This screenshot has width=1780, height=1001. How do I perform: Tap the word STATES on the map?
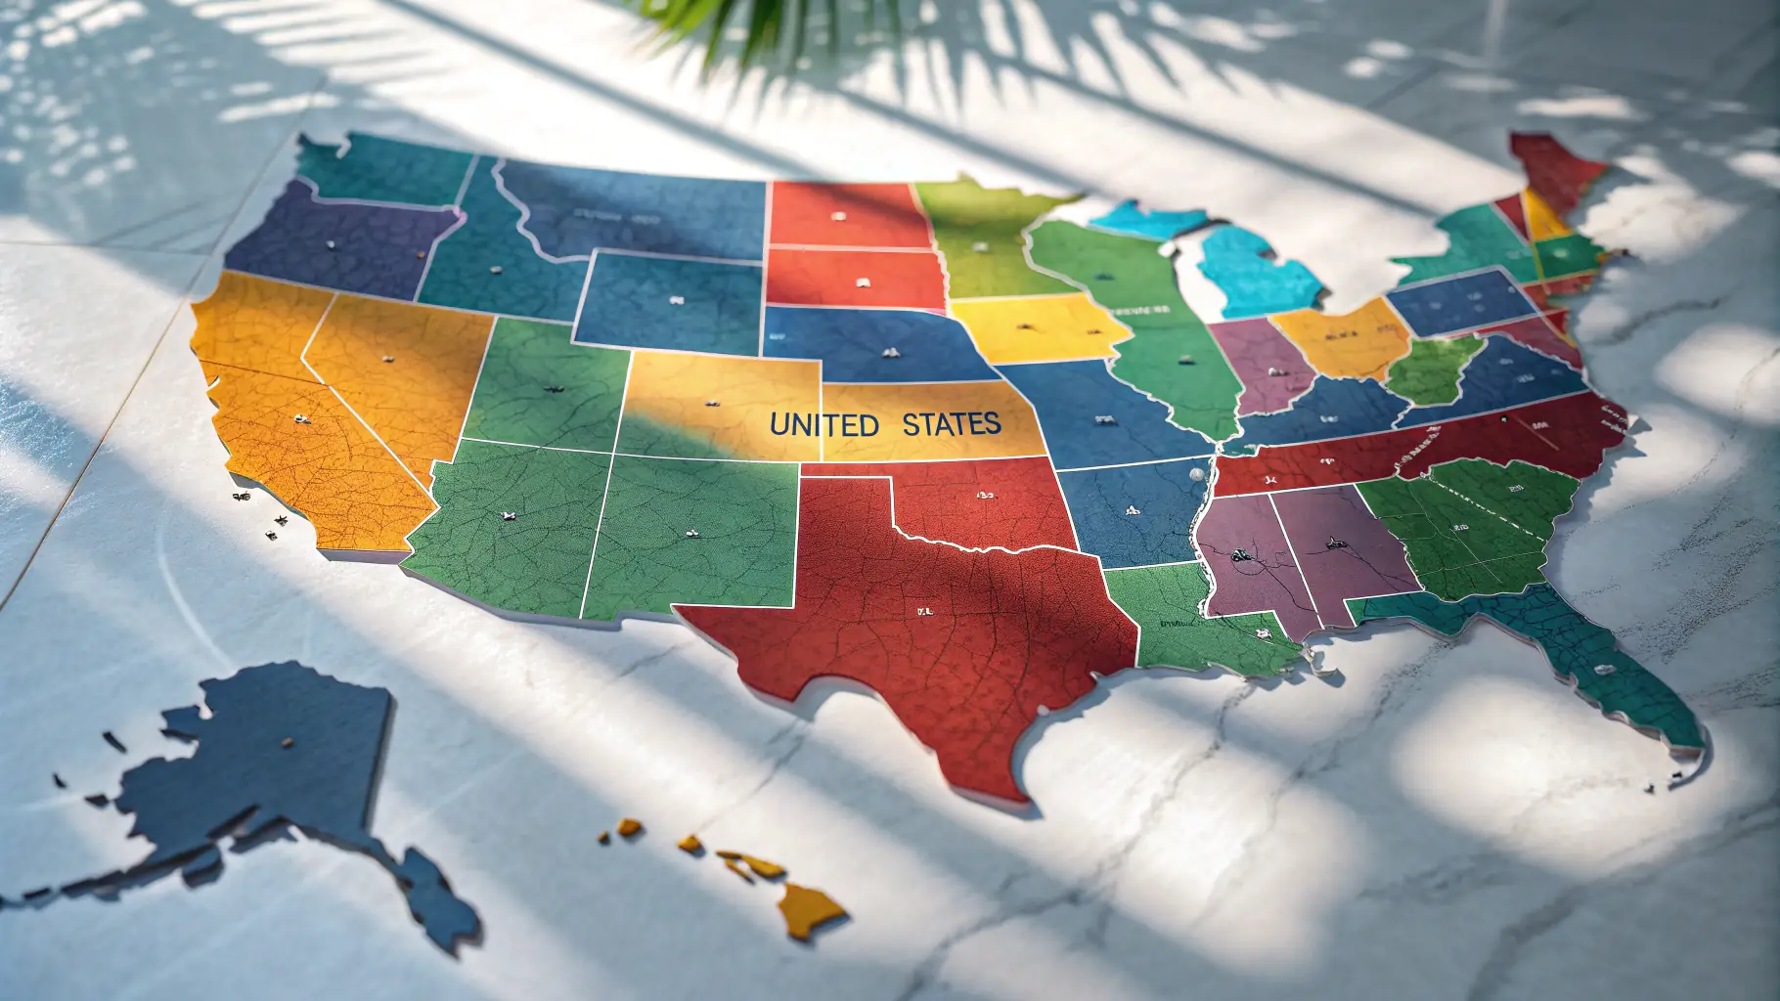951,423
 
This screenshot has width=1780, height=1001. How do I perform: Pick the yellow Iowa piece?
1037,327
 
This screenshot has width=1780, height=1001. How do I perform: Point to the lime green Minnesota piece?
978,244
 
